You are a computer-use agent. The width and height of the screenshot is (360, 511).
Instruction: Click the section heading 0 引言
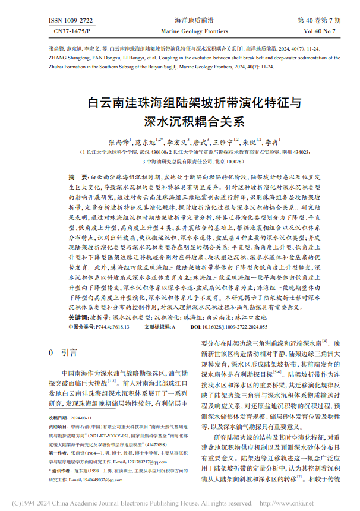[63, 352]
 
